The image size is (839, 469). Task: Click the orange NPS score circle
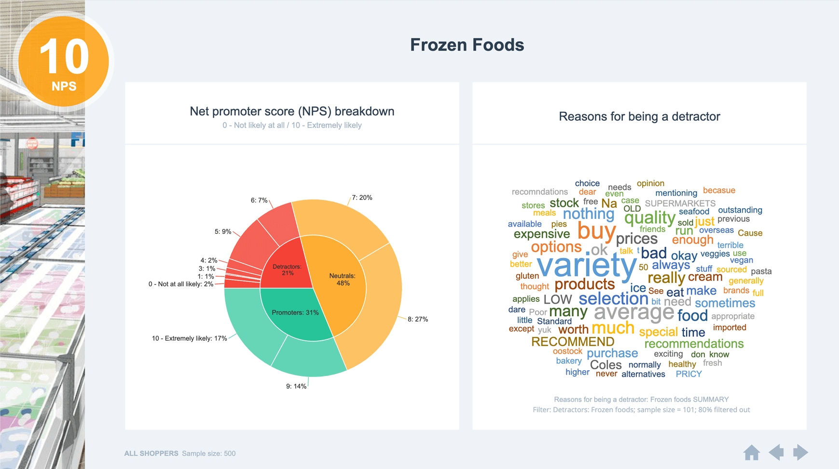coord(64,61)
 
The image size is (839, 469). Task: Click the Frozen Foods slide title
coord(467,45)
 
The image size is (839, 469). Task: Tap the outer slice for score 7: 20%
coord(338,222)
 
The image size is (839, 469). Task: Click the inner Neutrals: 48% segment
coord(342,280)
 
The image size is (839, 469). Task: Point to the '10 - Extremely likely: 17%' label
coord(189,338)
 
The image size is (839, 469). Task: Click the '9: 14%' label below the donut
coord(296,386)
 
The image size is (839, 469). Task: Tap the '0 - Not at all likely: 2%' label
coord(180,284)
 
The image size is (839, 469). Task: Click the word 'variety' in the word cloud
coord(586,265)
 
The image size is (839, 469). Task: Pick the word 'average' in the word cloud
coord(633,313)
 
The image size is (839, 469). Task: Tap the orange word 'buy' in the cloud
coord(596,231)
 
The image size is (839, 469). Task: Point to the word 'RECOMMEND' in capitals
coord(573,342)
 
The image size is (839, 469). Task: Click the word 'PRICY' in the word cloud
coord(688,374)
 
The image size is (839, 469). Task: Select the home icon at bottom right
coord(751,453)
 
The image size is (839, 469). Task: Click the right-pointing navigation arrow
coord(800,452)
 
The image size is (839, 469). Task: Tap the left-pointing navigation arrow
coord(776,452)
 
